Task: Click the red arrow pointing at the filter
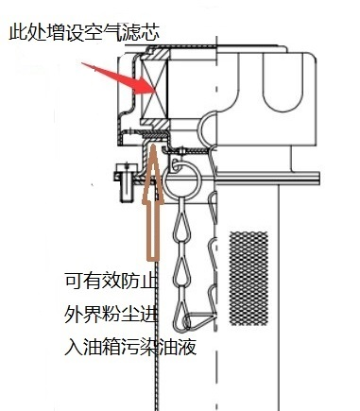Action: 121,78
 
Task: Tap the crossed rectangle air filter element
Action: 154,89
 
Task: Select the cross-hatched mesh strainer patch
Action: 249,279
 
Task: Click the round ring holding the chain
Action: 182,180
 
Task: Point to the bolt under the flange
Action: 126,182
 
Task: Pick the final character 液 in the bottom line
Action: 187,347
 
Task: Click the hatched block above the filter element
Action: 156,54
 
